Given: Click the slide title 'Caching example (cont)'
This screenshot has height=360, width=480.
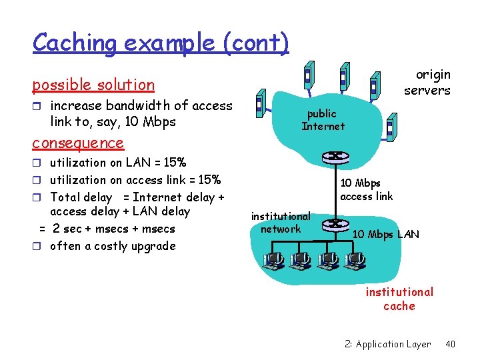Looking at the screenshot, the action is coord(161,43).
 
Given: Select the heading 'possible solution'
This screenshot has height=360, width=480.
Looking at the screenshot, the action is coord(93,85).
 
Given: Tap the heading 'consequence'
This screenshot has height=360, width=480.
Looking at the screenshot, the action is coord(78,143).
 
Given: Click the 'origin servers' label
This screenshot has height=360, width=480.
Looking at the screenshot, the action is coord(427,83).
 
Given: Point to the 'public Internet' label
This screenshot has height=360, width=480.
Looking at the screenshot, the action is coord(323,120).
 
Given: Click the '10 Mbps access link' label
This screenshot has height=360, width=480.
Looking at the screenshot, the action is coord(367,189).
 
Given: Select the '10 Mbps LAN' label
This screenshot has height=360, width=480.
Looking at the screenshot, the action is coord(385,234).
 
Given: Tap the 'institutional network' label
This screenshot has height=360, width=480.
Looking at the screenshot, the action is coord(281,223).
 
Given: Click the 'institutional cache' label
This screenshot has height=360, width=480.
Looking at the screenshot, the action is coord(399,299).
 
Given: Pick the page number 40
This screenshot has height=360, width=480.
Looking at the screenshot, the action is coord(450,344).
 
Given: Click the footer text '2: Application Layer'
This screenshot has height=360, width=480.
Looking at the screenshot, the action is coord(388,344).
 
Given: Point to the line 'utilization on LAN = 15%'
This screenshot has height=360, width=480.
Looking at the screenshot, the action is coord(118,163).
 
